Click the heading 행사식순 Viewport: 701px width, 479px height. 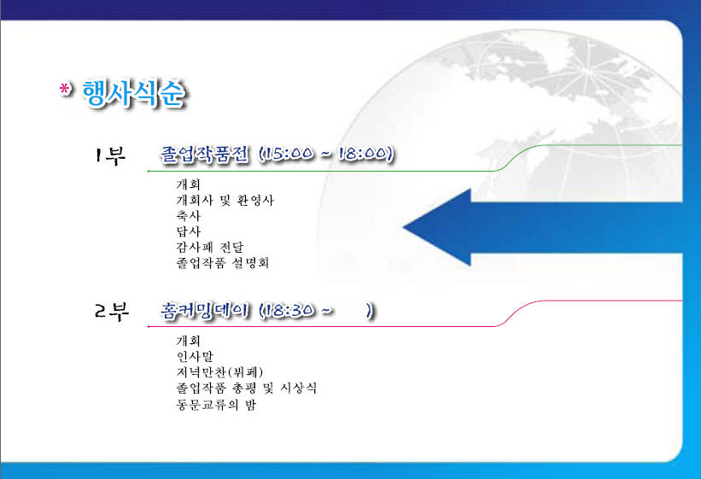[x=133, y=94]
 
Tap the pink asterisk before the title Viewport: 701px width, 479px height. [x=65, y=89]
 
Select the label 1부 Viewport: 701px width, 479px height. [x=109, y=155]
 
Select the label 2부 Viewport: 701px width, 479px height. [x=111, y=311]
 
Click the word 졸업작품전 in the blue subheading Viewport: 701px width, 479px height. [x=204, y=155]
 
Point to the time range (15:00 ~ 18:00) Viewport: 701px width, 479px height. [x=327, y=154]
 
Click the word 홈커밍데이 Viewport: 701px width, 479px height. [x=204, y=310]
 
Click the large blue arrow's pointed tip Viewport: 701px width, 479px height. [x=404, y=227]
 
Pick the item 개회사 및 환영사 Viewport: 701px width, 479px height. [x=225, y=200]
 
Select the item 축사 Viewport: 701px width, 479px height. [x=189, y=215]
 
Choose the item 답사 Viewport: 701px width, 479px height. [x=189, y=231]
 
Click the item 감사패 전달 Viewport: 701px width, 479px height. [x=210, y=247]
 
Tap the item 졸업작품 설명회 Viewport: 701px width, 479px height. [x=223, y=262]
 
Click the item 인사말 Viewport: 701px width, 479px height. [x=195, y=356]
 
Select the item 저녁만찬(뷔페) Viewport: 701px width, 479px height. [x=219, y=372]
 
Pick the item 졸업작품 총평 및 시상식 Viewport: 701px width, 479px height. [x=247, y=388]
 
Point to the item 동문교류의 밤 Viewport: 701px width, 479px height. [x=216, y=405]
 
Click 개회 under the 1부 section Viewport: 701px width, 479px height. [x=188, y=184]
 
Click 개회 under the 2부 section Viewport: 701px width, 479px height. [x=188, y=341]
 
